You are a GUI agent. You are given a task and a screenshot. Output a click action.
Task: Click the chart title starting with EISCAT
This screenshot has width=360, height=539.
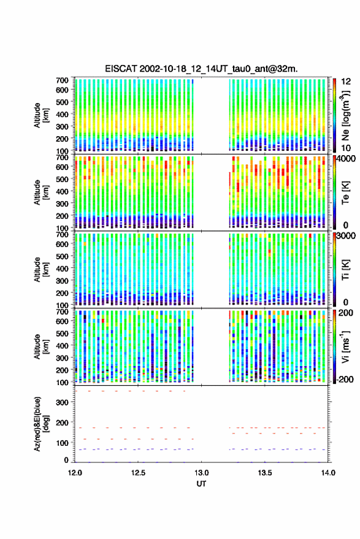[201, 69]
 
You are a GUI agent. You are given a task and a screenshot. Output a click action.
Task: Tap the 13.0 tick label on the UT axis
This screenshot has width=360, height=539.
[202, 473]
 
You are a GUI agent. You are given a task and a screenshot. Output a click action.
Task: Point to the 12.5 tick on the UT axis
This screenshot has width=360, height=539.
[138, 473]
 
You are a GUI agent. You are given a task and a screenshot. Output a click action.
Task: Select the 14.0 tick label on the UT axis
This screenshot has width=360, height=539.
[328, 473]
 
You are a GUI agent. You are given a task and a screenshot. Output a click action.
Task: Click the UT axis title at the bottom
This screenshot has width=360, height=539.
[201, 484]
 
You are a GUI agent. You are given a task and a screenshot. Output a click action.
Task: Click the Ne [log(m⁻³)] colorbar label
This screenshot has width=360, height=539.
[345, 115]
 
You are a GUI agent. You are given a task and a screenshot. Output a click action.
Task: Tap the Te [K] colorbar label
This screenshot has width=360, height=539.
[345, 193]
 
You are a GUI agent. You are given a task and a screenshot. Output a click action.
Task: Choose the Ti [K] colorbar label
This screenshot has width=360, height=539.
[345, 270]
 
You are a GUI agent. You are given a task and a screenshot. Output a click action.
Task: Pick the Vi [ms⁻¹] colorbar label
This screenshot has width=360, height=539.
[345, 346]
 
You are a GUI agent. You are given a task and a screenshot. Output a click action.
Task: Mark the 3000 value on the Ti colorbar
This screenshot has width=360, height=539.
[345, 236]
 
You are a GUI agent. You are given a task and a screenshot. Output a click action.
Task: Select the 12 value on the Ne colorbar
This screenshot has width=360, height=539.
[346, 82]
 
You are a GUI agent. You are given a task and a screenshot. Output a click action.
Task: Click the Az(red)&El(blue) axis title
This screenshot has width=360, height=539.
[41, 424]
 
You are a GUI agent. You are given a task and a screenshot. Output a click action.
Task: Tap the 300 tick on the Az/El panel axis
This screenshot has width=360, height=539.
[62, 402]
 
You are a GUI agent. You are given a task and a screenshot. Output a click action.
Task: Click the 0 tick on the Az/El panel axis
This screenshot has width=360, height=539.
[66, 460]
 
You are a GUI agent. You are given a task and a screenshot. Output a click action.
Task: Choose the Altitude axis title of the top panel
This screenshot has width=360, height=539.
[41, 115]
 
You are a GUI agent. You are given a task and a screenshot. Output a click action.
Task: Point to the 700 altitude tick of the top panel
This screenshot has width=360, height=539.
[62, 80]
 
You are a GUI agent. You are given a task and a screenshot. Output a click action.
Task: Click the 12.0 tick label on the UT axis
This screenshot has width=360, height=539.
[75, 473]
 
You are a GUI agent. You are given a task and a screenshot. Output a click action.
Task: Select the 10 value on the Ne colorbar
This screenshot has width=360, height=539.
[346, 148]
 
